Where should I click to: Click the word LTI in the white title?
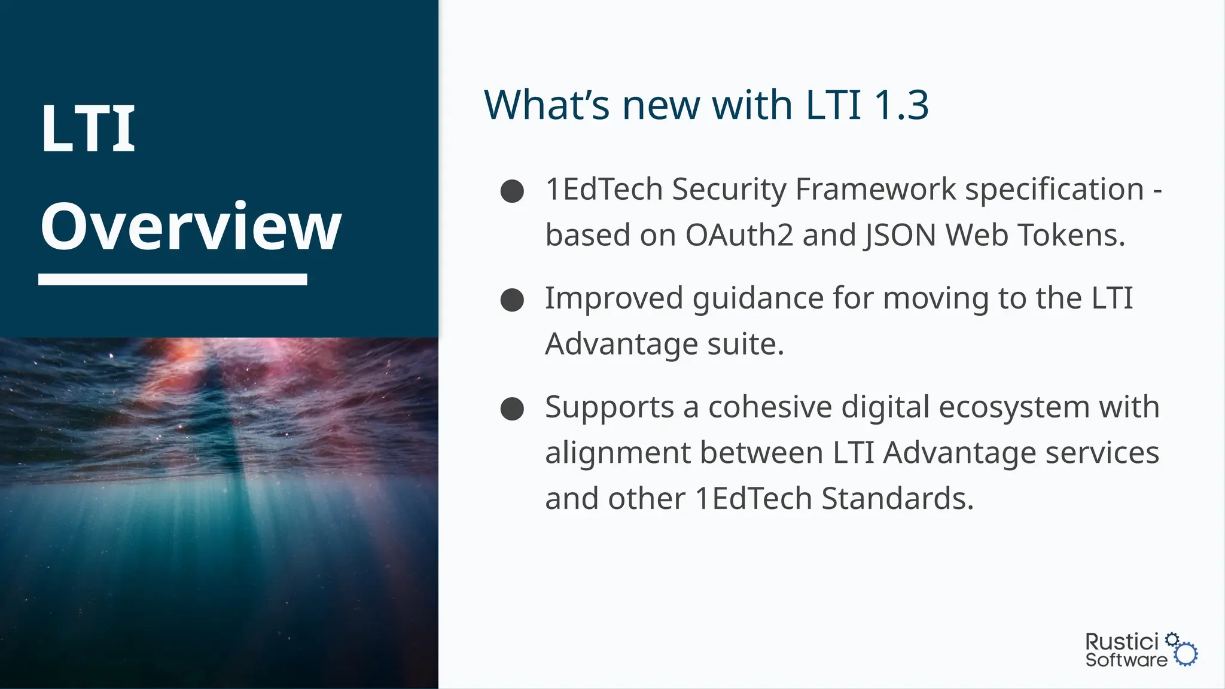(x=88, y=129)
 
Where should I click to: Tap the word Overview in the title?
(x=191, y=227)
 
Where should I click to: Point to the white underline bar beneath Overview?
(x=173, y=279)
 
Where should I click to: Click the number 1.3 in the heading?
(x=901, y=105)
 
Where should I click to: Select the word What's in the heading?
(x=546, y=105)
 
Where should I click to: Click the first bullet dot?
(x=512, y=191)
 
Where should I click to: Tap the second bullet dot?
(x=512, y=300)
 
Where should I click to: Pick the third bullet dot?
(x=512, y=409)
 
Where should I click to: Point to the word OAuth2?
(x=739, y=235)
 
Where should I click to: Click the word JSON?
(x=900, y=235)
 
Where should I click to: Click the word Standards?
(x=897, y=499)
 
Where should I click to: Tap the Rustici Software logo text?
(x=1125, y=650)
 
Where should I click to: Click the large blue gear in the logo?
(x=1186, y=654)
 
